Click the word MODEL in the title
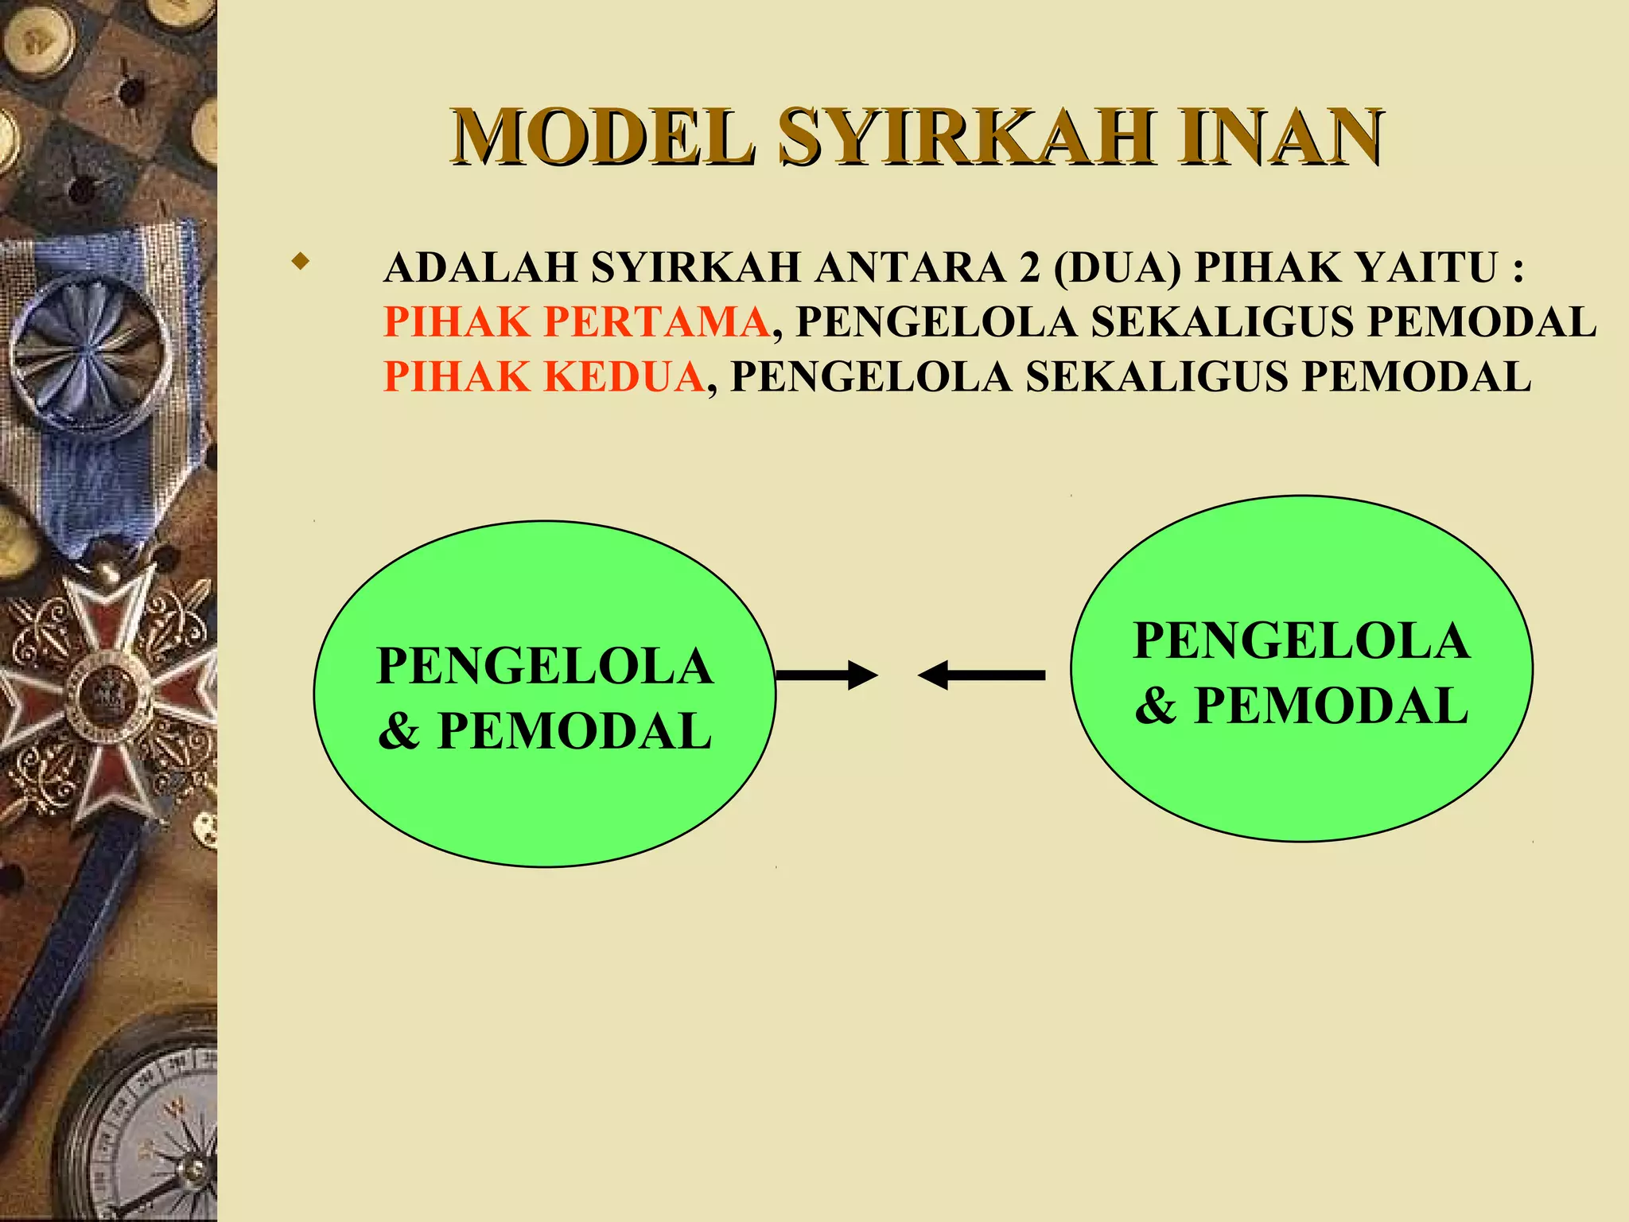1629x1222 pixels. click(602, 137)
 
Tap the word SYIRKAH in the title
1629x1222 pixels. click(965, 137)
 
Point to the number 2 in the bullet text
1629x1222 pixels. click(1029, 267)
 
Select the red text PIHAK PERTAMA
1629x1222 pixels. click(576, 322)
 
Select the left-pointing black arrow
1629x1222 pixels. click(982, 675)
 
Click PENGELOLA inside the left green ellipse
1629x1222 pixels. click(544, 666)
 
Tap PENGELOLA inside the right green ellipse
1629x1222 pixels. click(1301, 640)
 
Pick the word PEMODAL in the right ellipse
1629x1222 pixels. click(1331, 706)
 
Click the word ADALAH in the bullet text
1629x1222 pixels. click(480, 267)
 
